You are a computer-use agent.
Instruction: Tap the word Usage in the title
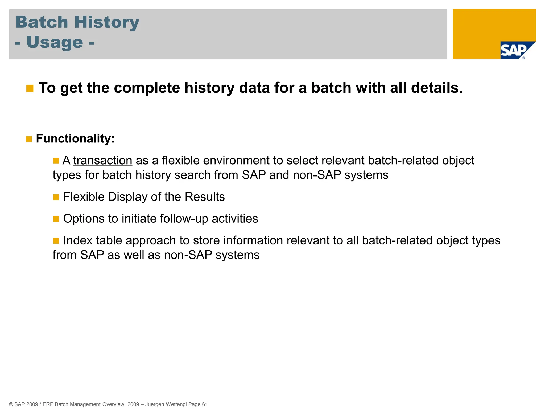tap(55, 43)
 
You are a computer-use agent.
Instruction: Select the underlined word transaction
tap(103, 161)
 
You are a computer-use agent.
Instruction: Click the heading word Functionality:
tap(75, 139)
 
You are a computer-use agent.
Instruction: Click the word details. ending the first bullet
tap(437, 88)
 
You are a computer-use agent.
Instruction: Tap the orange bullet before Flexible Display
tap(56, 197)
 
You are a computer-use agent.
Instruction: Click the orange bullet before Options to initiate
tap(56, 219)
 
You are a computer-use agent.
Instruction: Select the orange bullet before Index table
tap(56, 241)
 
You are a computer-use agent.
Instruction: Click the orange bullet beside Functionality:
tap(29, 139)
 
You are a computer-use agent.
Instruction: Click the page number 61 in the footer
tap(205, 404)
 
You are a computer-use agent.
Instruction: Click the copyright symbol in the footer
tap(11, 404)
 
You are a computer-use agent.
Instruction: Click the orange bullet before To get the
tap(30, 88)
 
